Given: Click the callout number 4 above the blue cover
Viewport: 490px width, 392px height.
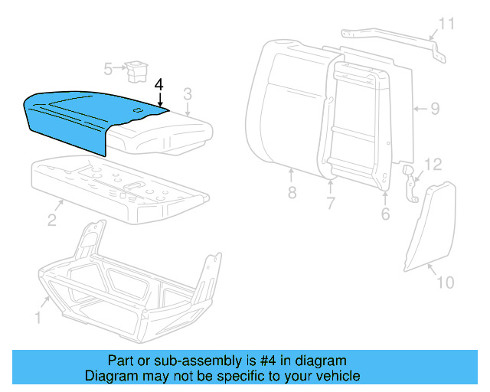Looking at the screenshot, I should pyautogui.click(x=159, y=83).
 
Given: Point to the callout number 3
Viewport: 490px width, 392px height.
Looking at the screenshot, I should pyautogui.click(x=187, y=94).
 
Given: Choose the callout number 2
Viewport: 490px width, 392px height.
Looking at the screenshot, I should pyautogui.click(x=51, y=220).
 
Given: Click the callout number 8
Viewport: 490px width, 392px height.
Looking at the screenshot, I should pyautogui.click(x=292, y=193).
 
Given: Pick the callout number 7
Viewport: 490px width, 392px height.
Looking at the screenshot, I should pyautogui.click(x=331, y=204).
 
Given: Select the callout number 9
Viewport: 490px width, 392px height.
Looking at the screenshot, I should pyautogui.click(x=434, y=109).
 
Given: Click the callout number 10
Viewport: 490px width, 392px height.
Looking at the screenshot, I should pyautogui.click(x=445, y=283).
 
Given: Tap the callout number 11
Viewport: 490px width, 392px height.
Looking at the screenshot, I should pyautogui.click(x=446, y=24).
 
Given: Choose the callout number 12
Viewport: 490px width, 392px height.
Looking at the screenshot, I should pyautogui.click(x=433, y=164).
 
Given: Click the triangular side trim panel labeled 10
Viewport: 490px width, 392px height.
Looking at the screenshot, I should pyautogui.click(x=425, y=226).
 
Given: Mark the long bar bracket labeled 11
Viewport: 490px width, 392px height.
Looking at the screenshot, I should pyautogui.click(x=390, y=39).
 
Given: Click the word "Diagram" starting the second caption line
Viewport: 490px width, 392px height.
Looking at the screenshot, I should pyautogui.click(x=109, y=376).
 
